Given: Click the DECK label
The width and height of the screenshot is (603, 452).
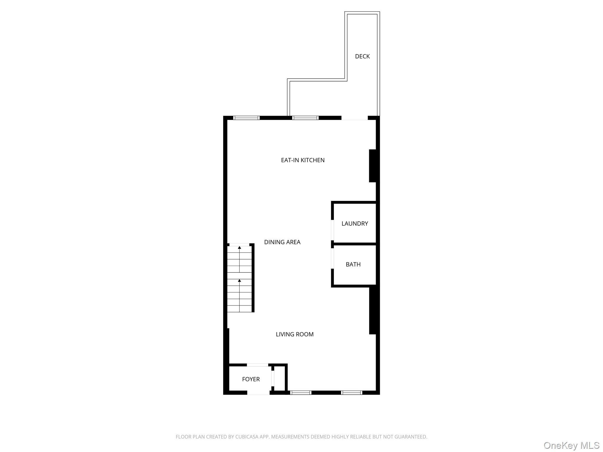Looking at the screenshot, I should click(x=362, y=56).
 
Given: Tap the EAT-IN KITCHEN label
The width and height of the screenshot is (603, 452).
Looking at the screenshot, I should click(x=303, y=160).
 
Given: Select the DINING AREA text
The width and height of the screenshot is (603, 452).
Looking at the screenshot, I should click(x=282, y=242).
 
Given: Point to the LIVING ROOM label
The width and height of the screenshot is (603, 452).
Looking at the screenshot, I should click(x=294, y=334).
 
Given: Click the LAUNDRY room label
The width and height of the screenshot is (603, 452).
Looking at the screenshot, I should click(x=354, y=224).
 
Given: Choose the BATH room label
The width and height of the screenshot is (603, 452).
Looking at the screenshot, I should click(x=353, y=265).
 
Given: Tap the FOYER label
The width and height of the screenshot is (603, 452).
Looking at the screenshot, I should click(x=251, y=379).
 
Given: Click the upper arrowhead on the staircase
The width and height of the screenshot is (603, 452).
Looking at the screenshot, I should click(x=239, y=248).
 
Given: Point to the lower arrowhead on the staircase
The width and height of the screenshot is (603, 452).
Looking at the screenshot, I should click(x=239, y=281).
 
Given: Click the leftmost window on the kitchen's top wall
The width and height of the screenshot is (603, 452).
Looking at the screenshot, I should click(x=246, y=118).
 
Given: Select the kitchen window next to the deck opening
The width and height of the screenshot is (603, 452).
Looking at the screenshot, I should click(x=305, y=118).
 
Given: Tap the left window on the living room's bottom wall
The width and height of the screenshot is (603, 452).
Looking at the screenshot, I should click(x=301, y=393).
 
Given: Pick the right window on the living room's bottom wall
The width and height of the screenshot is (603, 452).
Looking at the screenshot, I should click(x=351, y=393).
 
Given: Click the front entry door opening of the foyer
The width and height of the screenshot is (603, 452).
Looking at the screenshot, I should click(x=258, y=393).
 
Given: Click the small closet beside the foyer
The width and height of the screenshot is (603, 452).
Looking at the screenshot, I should click(x=279, y=378).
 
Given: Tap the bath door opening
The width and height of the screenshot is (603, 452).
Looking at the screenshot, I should click(x=332, y=259).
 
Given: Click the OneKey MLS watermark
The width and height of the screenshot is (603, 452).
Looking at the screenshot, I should click(x=571, y=445).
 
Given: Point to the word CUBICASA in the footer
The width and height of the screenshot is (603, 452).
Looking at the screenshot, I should click(x=247, y=437).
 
